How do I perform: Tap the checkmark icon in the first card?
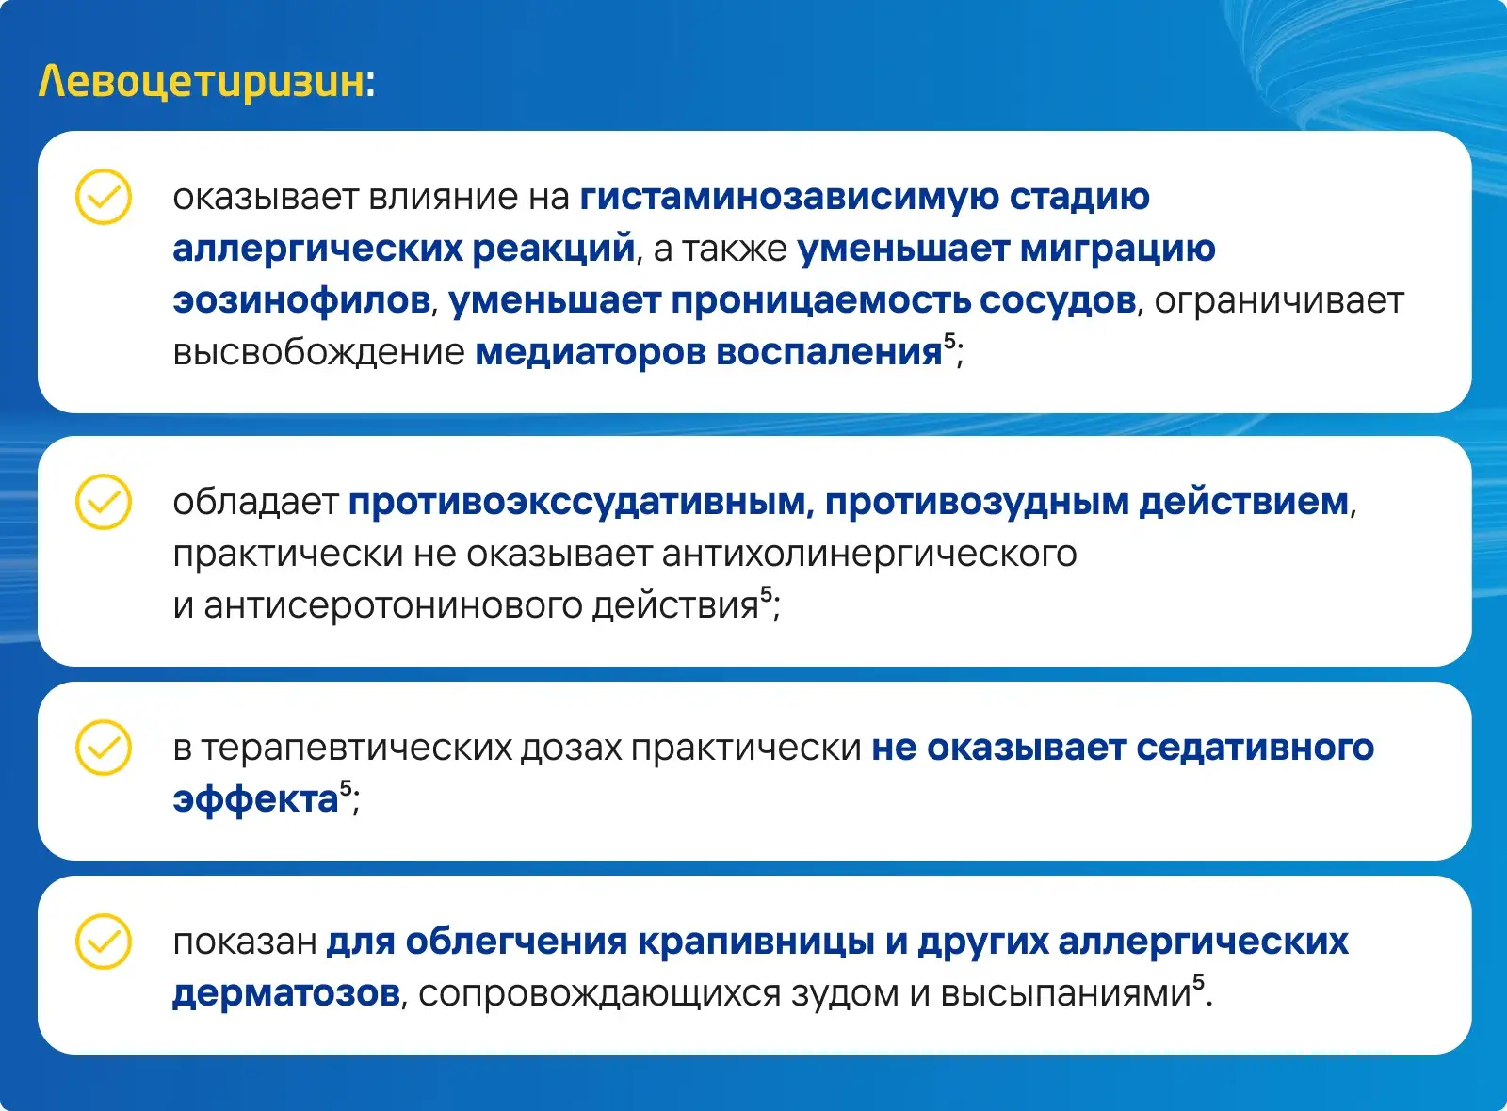[103, 197]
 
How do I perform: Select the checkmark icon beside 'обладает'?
[103, 502]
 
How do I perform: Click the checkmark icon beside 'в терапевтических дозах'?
[103, 748]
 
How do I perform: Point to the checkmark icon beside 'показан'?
[103, 941]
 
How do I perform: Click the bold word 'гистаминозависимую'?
[790, 198]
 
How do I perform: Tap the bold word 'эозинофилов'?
[301, 300]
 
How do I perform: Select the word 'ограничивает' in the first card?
[1279, 301]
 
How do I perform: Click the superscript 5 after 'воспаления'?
[950, 341]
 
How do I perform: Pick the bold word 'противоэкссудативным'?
[576, 503]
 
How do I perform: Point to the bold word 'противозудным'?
[977, 503]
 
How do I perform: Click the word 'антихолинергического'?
[869, 555]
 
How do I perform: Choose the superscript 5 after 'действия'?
[767, 594]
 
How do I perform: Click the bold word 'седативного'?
[1256, 749]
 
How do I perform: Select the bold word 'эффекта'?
[255, 799]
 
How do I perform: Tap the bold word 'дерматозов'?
[286, 993]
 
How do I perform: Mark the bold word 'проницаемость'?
[820, 301]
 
